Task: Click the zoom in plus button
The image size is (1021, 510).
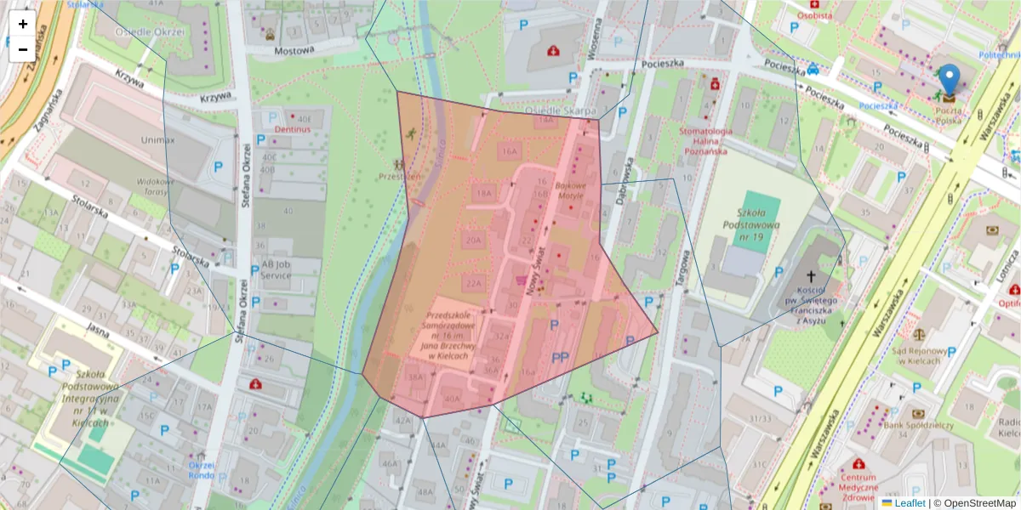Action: click(23, 24)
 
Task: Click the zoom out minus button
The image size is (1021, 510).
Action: click(23, 49)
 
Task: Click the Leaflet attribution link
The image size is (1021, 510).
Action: click(908, 502)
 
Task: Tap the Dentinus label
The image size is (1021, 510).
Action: click(290, 129)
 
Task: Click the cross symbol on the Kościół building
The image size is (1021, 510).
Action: click(811, 276)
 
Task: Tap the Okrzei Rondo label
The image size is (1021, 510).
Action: click(201, 470)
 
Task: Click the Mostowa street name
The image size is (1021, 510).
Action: click(294, 50)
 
